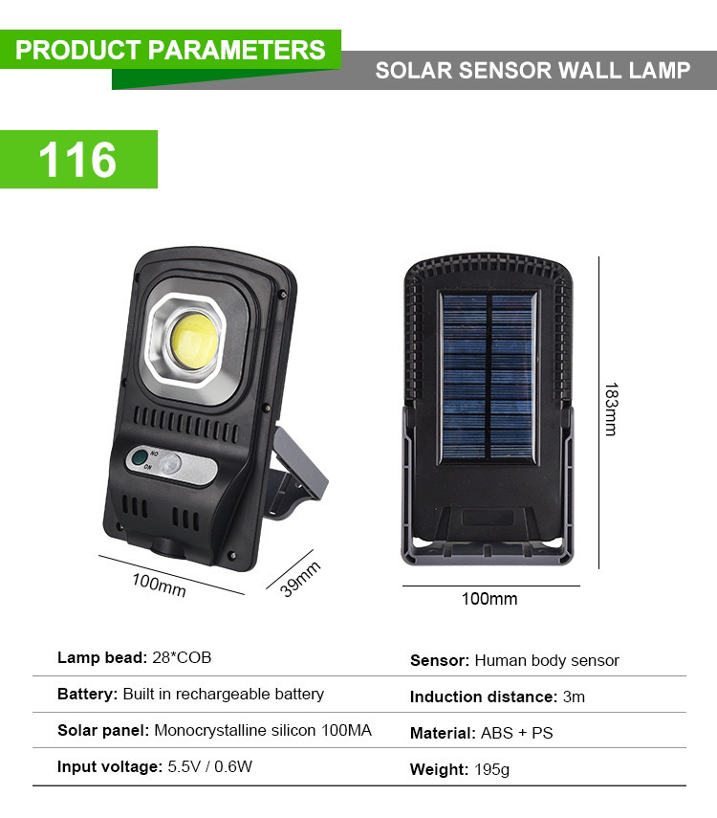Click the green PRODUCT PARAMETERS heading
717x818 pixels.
pyautogui.click(x=170, y=50)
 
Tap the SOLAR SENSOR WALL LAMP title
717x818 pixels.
pyautogui.click(x=532, y=71)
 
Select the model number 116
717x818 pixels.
pyautogui.click(x=78, y=160)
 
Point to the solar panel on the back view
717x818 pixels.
pyautogui.click(x=489, y=377)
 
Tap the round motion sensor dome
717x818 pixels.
pyautogui.click(x=172, y=466)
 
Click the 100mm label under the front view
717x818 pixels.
pyautogui.click(x=159, y=585)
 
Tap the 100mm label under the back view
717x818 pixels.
pyautogui.click(x=489, y=599)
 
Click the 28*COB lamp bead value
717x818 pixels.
pyautogui.click(x=182, y=658)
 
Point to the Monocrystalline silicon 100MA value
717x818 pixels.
pyautogui.click(x=263, y=731)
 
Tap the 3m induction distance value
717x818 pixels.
pyautogui.click(x=574, y=696)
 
